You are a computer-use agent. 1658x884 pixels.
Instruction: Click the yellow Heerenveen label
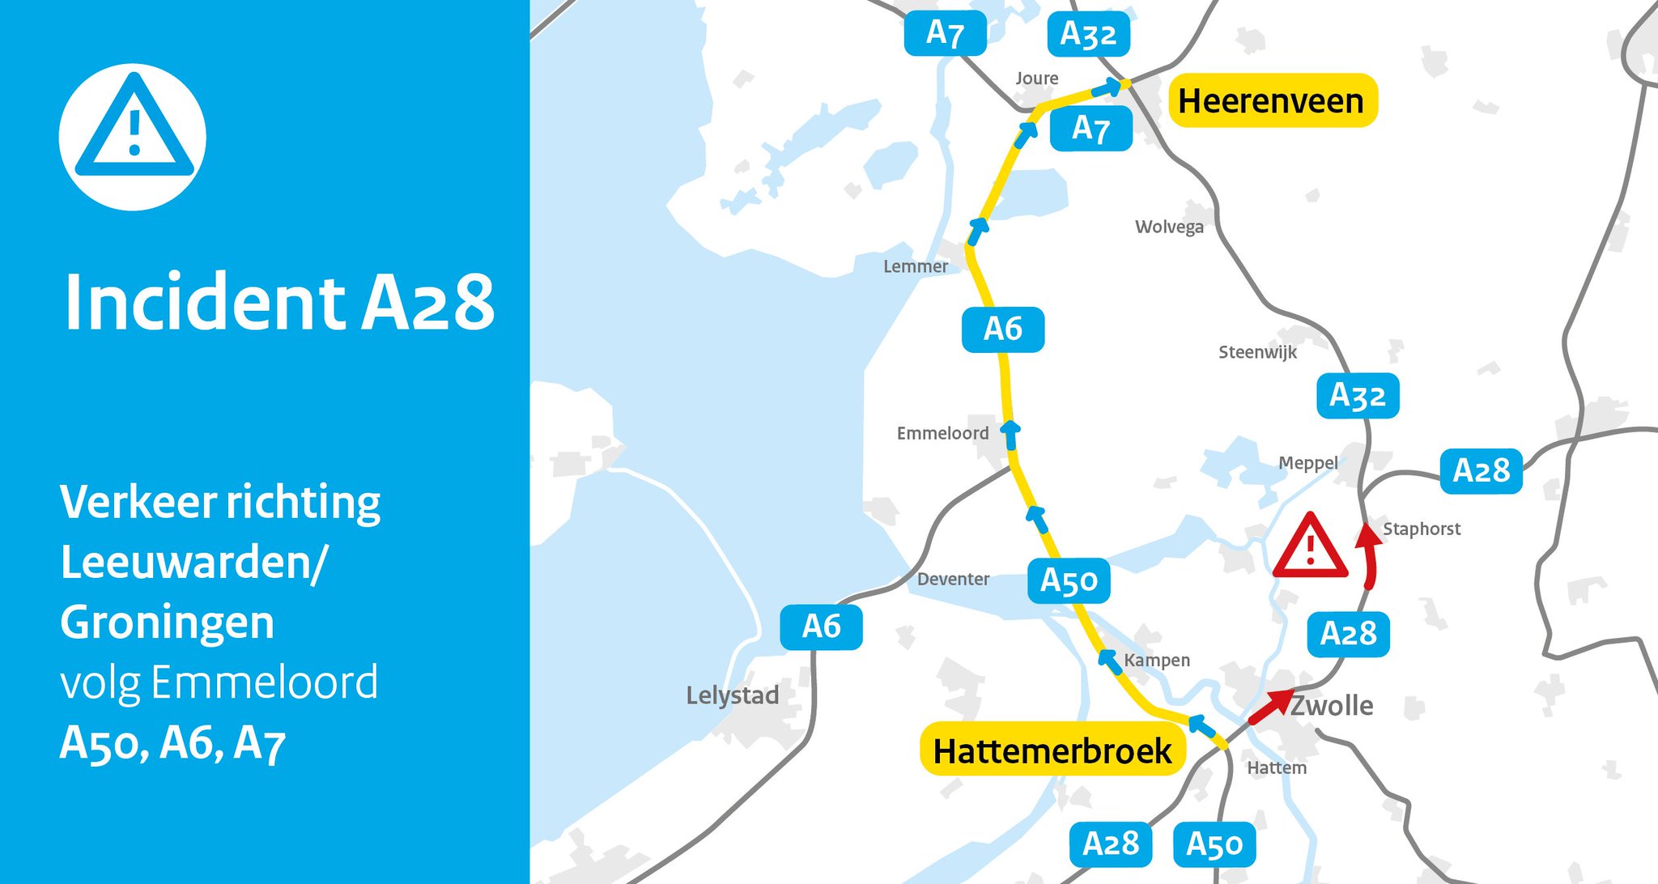[1272, 101]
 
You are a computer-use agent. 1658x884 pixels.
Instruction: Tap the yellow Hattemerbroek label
[1052, 750]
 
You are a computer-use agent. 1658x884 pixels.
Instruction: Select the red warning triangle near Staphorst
[1310, 546]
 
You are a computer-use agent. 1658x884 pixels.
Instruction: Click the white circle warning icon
[133, 136]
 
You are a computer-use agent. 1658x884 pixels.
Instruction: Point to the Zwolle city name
[1331, 706]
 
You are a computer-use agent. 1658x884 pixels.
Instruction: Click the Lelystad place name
[732, 695]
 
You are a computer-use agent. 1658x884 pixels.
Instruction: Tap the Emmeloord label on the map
[942, 433]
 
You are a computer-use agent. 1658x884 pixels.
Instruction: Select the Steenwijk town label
[1257, 352]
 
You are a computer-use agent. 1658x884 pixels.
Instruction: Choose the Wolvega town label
[1169, 227]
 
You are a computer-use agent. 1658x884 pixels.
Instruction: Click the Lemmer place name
[915, 266]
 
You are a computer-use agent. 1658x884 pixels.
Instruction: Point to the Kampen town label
[1157, 661]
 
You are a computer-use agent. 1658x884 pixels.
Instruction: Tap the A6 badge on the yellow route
[1003, 329]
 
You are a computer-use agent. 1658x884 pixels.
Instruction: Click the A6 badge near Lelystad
[821, 627]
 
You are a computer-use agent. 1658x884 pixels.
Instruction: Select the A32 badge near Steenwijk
[1358, 396]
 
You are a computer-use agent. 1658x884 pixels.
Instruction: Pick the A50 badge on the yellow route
[1069, 580]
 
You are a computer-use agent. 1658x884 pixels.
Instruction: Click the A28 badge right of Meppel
[1481, 470]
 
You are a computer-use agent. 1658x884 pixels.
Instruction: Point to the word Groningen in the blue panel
[168, 623]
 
